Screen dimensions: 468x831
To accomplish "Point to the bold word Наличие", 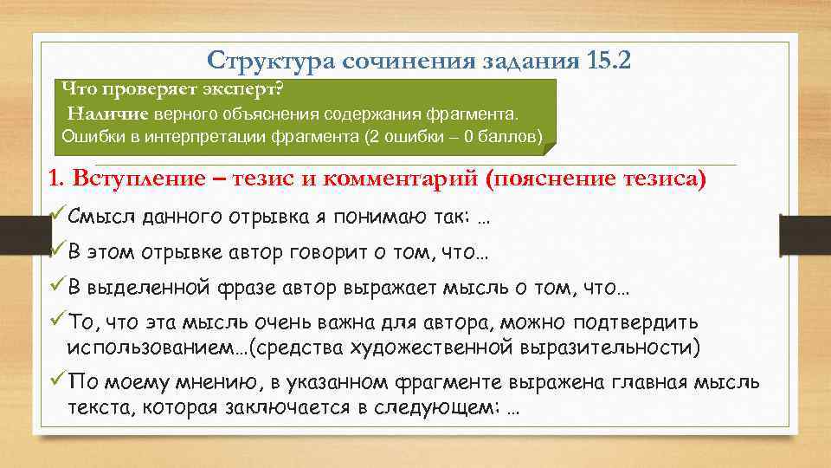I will (109, 114).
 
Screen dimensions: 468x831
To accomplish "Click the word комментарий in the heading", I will (399, 179).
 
